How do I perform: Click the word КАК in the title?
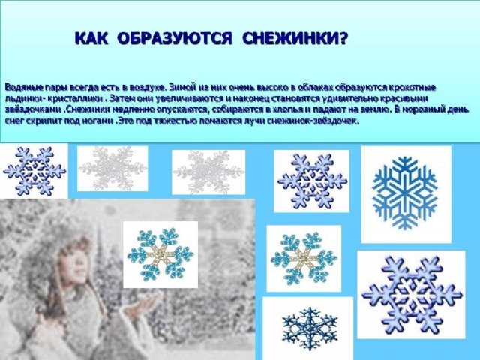91,39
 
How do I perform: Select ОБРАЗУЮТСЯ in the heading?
175,39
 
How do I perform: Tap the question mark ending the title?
343,39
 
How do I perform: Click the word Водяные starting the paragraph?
23,88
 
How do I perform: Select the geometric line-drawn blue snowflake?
405,193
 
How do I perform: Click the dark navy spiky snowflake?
310,328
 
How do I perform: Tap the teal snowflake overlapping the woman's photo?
160,254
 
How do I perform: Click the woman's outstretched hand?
144,303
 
